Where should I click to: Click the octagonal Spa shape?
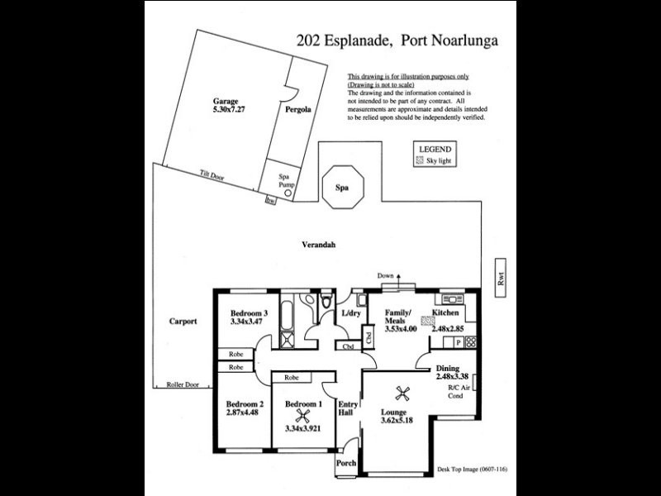pyautogui.click(x=341, y=188)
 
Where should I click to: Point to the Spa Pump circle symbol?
pyautogui.click(x=288, y=193)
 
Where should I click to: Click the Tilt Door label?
pyautogui.click(x=212, y=175)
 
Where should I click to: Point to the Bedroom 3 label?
pyautogui.click(x=249, y=313)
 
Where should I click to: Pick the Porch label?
pyautogui.click(x=346, y=464)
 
